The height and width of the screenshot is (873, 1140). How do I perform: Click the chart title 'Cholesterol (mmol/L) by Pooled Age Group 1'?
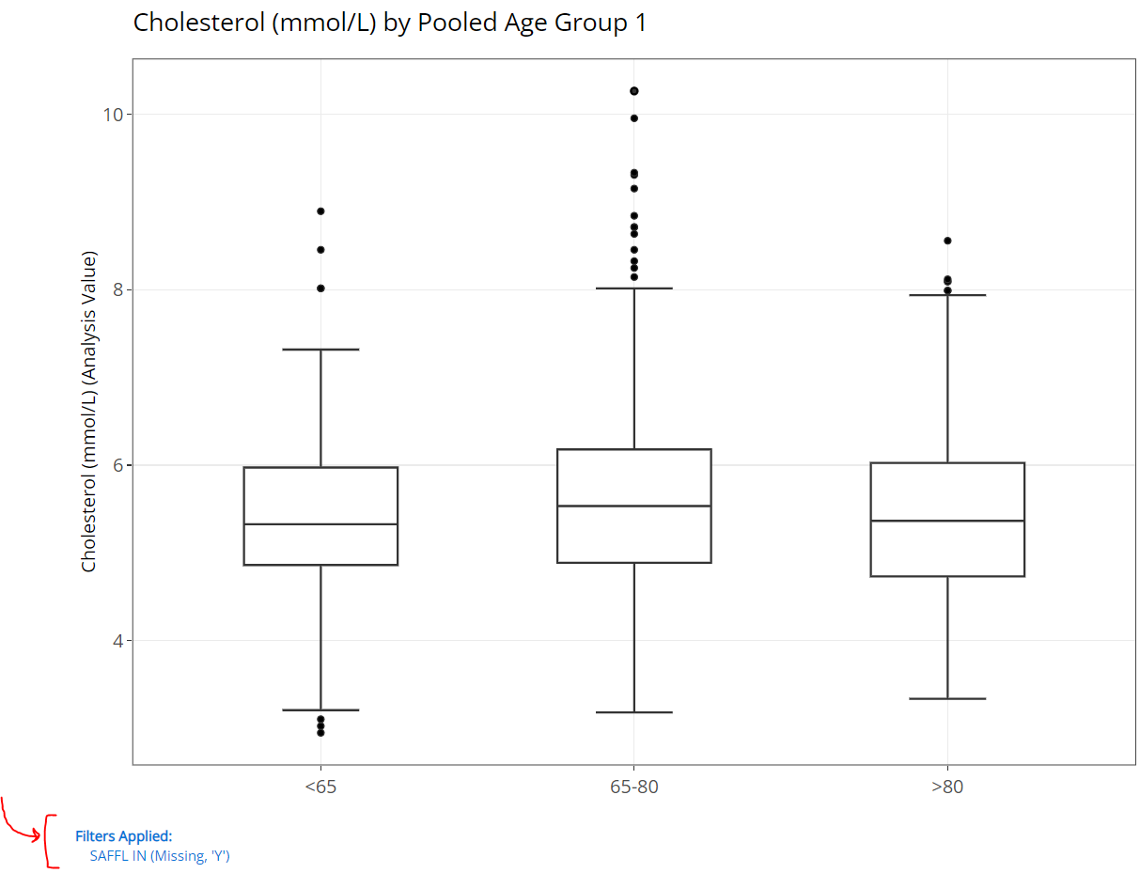[390, 23]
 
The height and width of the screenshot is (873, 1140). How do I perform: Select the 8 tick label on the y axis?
[118, 289]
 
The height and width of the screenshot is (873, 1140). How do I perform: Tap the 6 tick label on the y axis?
[118, 465]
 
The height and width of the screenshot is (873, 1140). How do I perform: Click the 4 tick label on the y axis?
[118, 641]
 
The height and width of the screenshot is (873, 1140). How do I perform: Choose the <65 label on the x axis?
[320, 787]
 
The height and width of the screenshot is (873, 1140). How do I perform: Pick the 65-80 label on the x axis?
[633, 787]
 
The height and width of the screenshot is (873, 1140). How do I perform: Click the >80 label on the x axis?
[947, 787]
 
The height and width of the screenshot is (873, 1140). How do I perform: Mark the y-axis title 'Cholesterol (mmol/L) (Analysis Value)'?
[88, 412]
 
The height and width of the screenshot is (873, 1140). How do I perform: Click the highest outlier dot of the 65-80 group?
[634, 91]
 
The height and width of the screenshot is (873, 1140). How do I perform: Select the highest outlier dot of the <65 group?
[320, 211]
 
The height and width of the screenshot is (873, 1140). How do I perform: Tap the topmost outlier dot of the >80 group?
[947, 241]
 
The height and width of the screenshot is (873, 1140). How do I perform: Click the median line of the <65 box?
[320, 523]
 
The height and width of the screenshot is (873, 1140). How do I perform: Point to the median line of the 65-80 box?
[634, 506]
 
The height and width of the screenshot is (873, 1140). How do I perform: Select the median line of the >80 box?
[947, 521]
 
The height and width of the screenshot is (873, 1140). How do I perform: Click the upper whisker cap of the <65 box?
[320, 350]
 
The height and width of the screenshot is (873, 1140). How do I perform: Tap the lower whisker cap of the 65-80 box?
[634, 712]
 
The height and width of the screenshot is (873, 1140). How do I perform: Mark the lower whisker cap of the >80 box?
[947, 699]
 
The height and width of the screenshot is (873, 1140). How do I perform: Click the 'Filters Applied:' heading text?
[124, 836]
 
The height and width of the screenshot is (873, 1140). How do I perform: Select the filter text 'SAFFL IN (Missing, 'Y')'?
[160, 856]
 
